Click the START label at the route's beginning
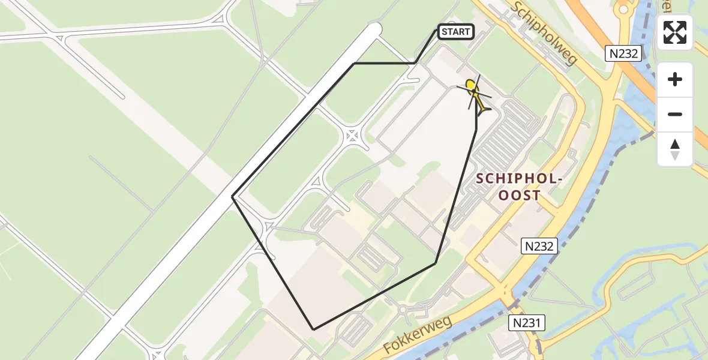click(x=456, y=32)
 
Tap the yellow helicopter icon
click(x=475, y=94)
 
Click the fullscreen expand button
click(x=675, y=32)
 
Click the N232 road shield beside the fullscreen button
click(x=624, y=54)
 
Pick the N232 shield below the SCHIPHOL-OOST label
click(x=539, y=245)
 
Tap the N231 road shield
click(x=527, y=323)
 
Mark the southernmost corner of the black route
click(x=313, y=329)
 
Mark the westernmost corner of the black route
click(x=233, y=196)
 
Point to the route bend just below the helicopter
click(x=476, y=130)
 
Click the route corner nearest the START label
click(x=415, y=63)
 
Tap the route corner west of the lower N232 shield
click(x=436, y=263)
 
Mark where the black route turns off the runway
click(x=354, y=63)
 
